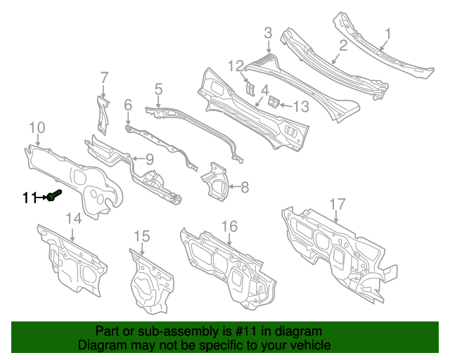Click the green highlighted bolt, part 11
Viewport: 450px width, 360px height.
pos(54,195)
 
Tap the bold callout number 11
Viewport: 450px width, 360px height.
pos(30,198)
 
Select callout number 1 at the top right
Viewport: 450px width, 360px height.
pos(387,34)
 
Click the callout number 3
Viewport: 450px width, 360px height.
pos(268,33)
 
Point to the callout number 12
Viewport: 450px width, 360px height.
pos(236,66)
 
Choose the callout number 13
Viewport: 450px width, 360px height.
pos(301,107)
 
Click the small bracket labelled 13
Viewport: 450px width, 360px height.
pos(274,102)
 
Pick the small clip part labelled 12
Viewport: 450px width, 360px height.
pos(250,89)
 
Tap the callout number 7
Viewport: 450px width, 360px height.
pos(105,77)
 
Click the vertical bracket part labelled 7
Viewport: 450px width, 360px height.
pos(103,115)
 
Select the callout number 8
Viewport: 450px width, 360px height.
pos(245,187)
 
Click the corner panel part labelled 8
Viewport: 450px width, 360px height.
pos(215,181)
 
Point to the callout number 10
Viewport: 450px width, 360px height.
pos(37,127)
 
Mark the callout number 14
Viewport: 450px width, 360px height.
pos(74,219)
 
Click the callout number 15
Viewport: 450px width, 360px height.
pos(142,236)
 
